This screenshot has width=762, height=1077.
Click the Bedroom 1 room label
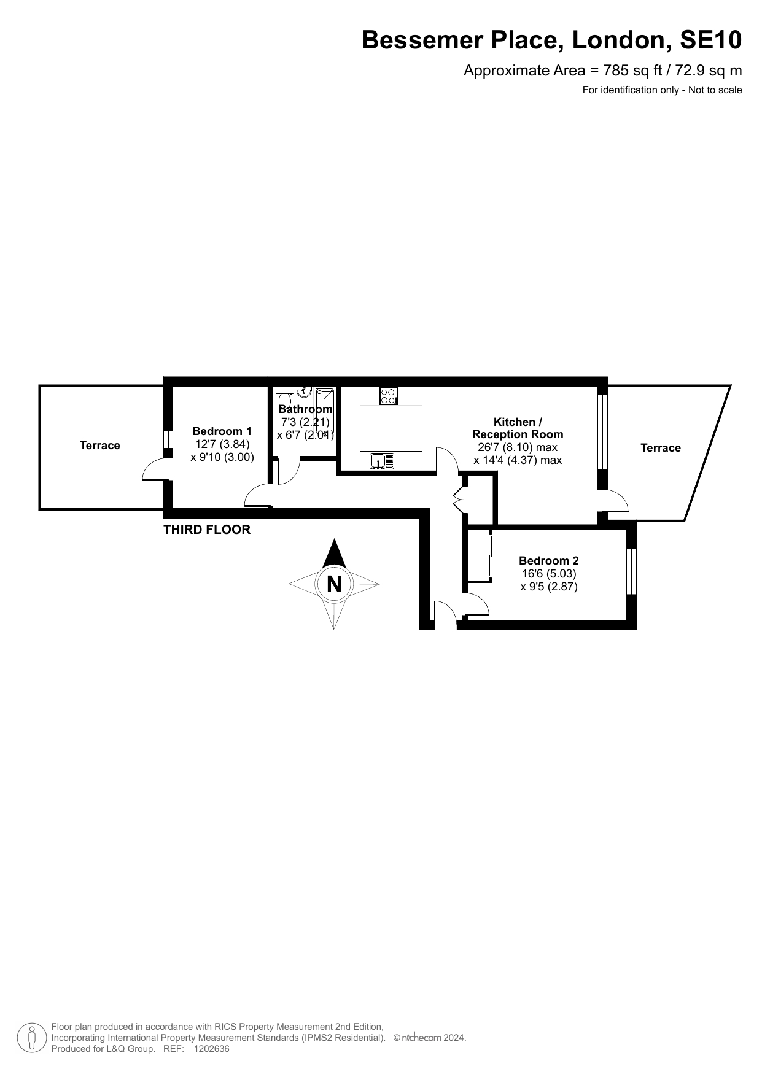(222, 431)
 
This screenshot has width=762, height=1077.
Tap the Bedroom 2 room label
(548, 560)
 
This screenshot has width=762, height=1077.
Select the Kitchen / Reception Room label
(518, 428)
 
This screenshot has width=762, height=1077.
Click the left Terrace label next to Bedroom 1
(100, 445)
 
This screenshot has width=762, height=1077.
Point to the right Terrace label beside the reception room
(661, 447)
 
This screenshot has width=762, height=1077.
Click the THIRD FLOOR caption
(207, 530)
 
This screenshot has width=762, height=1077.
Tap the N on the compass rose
(334, 584)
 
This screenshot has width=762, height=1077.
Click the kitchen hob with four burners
(388, 396)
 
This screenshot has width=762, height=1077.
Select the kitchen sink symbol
(382, 461)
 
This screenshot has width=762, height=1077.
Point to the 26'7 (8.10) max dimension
(518, 447)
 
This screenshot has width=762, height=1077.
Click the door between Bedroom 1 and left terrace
(154, 470)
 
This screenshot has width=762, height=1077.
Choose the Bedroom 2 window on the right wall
(631, 571)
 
